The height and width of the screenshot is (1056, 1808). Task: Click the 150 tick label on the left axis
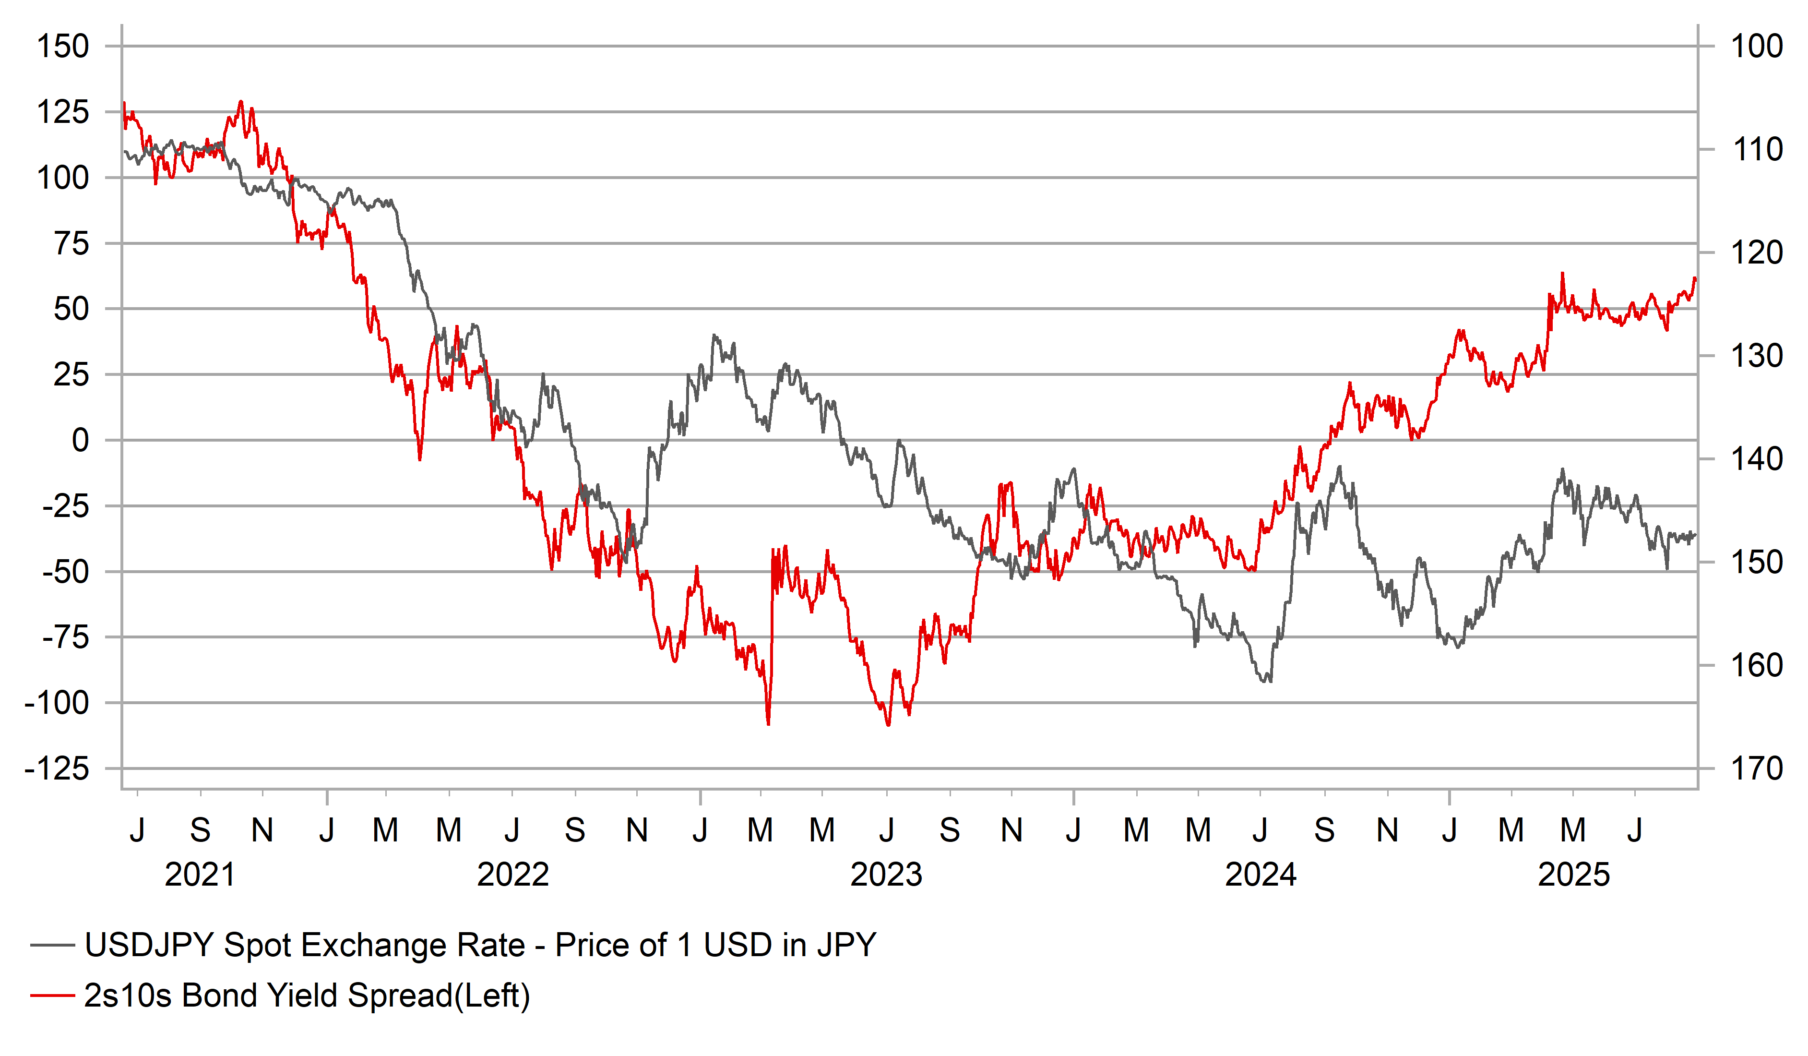[63, 47]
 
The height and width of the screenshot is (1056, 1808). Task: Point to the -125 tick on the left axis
[58, 769]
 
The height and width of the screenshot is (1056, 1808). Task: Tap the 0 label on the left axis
[80, 441]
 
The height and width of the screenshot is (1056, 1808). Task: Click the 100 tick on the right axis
[1756, 47]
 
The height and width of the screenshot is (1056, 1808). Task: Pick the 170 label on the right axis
[1756, 769]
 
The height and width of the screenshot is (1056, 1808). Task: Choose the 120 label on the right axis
[1756, 252]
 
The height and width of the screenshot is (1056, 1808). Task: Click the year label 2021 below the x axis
[200, 875]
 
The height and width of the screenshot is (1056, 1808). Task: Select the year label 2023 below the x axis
[886, 875]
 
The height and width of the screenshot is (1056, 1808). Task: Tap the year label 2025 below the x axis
[1573, 875]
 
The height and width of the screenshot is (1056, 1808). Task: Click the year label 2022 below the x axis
[513, 875]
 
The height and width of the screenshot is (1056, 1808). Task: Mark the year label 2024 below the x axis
[1261, 875]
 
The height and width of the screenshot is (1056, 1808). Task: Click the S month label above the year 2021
[200, 830]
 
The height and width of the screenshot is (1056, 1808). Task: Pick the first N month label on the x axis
[262, 830]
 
